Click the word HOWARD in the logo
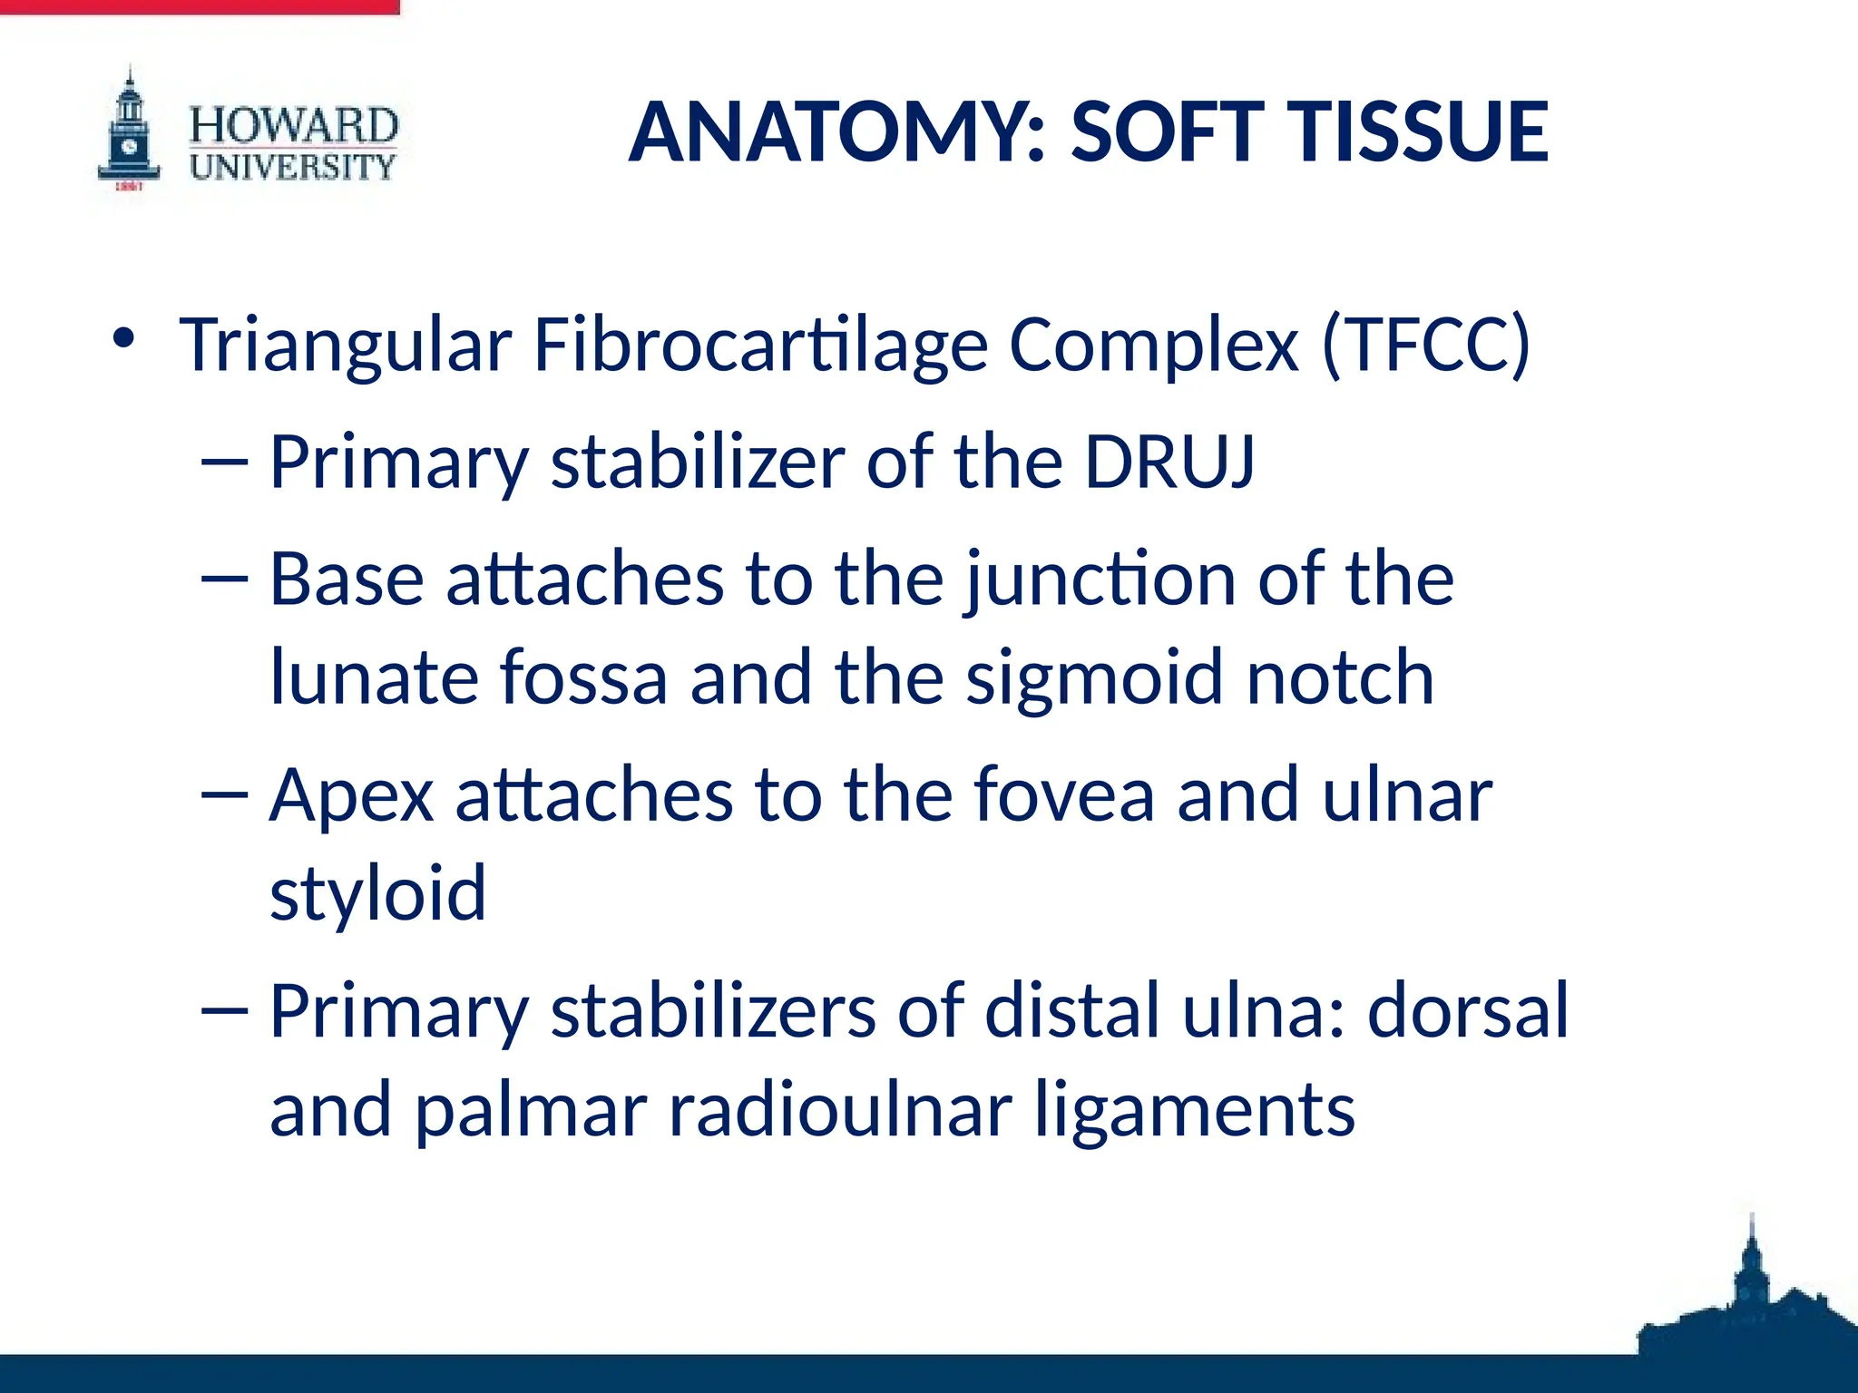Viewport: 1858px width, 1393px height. point(293,124)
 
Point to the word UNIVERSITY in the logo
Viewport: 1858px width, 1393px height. point(293,167)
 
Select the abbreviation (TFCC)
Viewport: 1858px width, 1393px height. point(1425,346)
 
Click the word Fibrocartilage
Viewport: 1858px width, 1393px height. point(760,346)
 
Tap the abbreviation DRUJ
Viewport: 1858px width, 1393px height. point(1169,462)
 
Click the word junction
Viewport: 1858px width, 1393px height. point(1100,581)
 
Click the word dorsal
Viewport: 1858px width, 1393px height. point(1468,1010)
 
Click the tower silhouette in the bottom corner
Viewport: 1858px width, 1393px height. point(1752,1297)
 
